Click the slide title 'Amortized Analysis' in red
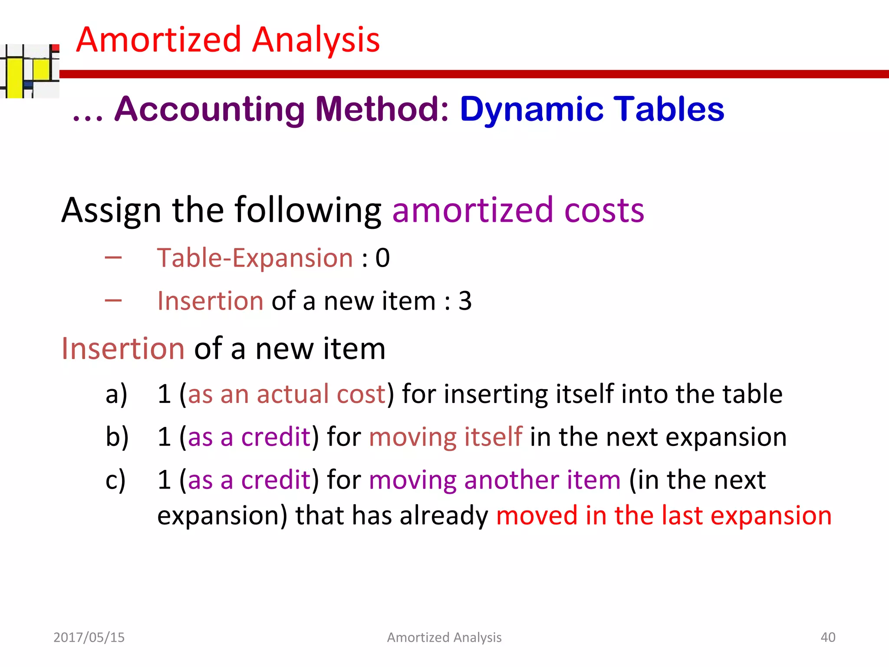coord(228,40)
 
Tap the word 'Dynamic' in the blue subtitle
coord(531,109)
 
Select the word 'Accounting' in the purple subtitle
coord(210,109)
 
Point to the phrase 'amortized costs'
coord(518,211)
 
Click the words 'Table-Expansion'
coord(255,258)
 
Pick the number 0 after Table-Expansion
coord(382,258)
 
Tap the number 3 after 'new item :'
coord(465,301)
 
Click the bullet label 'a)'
coord(116,394)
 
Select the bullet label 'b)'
coord(117,437)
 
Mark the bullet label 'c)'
coord(115,480)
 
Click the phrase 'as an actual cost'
coord(286,394)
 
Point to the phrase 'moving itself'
coord(445,437)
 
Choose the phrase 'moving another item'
coord(495,480)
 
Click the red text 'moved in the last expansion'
coord(664,516)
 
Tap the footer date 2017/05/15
coord(89,637)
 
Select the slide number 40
coord(828,637)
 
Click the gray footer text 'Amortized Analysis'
coord(444,637)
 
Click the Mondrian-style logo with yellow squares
coord(30,71)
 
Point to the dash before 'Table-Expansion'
coord(113,258)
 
